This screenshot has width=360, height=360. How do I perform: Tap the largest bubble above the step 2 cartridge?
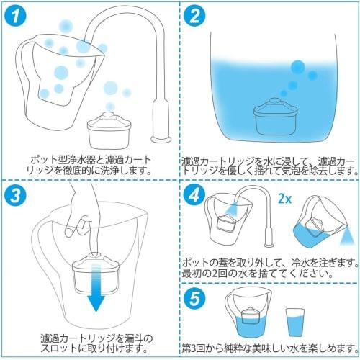(x=297, y=67)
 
